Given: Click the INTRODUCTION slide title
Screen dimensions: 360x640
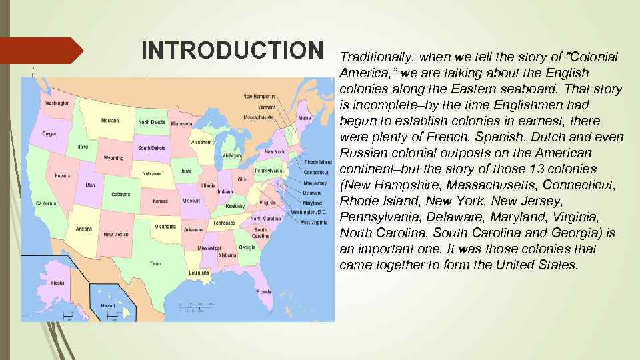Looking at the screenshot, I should coord(232,50).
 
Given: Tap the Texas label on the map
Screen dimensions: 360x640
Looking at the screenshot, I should coord(155,263).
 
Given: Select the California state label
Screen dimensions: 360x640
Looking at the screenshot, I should coord(45,203).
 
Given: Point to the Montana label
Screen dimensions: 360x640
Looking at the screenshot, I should coord(110,121).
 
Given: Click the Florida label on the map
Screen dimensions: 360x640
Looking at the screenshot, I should coord(264,291).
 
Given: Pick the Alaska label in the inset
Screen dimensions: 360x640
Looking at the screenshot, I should coord(58,283).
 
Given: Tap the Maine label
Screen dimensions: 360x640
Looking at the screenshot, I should coord(305,118).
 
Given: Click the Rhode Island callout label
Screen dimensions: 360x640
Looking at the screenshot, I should coord(318,162).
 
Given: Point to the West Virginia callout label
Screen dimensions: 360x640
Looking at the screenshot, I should coord(313,222).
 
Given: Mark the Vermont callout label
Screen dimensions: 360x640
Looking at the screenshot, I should coord(267,107).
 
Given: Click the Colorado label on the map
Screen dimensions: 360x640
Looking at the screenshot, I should coord(121,195).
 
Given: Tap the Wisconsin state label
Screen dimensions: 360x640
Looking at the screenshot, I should coord(201,142).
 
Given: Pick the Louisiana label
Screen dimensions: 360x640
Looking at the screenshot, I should coord(199,273).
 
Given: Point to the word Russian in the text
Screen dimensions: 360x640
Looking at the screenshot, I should coord(363,153).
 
